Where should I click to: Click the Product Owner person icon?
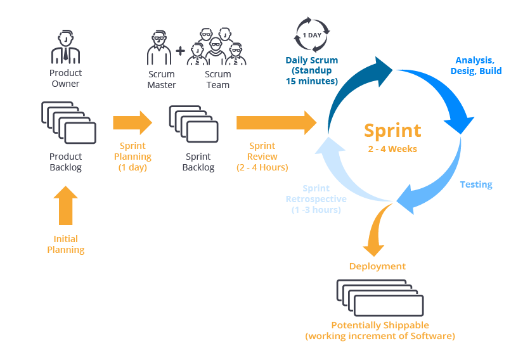click(65, 47)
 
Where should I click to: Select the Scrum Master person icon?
click(159, 48)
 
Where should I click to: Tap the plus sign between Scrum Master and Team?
click(180, 51)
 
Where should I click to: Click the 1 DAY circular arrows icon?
click(312, 35)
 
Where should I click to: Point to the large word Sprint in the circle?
click(392, 131)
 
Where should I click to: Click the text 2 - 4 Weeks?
click(392, 149)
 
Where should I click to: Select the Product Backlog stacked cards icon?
click(68, 122)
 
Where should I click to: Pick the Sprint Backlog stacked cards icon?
click(194, 124)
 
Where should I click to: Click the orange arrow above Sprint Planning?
click(132, 123)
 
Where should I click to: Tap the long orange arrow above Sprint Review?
click(276, 123)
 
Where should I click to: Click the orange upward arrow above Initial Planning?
click(65, 205)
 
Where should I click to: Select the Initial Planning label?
click(66, 244)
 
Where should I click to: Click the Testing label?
click(476, 184)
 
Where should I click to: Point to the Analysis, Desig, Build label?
click(476, 65)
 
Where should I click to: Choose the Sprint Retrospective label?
click(316, 199)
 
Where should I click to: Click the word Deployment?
click(377, 266)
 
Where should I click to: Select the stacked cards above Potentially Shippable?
click(380, 298)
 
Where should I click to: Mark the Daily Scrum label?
click(312, 70)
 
